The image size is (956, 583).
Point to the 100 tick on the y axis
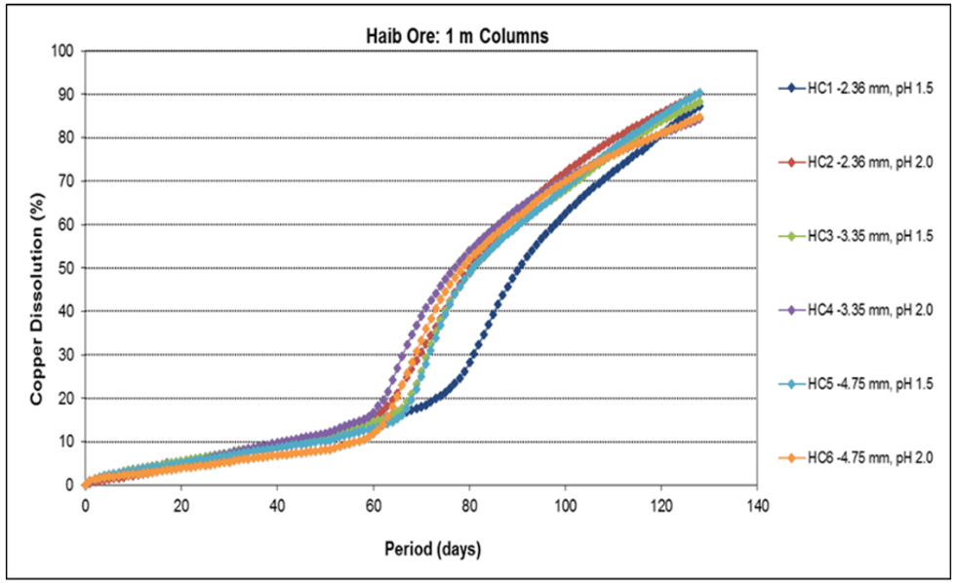point(64,52)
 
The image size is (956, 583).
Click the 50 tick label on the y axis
point(67,268)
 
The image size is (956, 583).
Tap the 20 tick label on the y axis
point(67,398)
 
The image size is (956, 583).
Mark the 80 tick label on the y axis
point(67,138)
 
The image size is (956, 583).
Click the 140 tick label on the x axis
point(757,505)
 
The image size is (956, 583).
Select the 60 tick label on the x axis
point(374,505)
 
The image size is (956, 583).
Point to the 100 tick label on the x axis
point(565,505)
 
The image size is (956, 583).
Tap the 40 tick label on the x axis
point(277,505)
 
